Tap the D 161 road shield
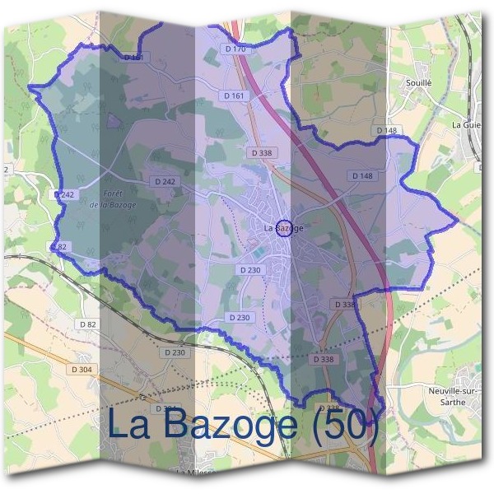(x=235, y=96)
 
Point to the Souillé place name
(x=419, y=83)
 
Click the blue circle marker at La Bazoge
(x=283, y=227)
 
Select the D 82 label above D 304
(x=88, y=324)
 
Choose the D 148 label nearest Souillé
(x=386, y=130)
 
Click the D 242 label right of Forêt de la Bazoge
(x=165, y=181)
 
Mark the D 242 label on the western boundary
(x=65, y=194)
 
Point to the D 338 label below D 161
(x=259, y=153)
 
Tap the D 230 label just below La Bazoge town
(x=249, y=270)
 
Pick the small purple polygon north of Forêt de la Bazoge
(x=114, y=120)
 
